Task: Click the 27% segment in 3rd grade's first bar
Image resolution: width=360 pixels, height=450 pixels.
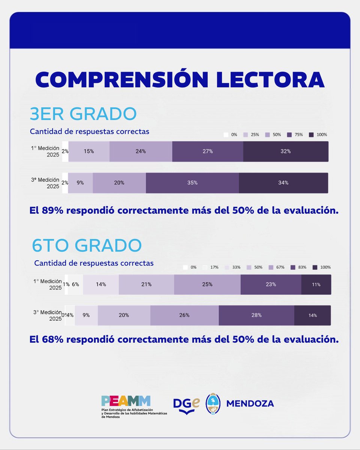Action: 207,151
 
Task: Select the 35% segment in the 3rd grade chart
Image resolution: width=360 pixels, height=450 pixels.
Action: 192,183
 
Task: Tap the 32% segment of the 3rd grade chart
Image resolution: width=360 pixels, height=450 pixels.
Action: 286,151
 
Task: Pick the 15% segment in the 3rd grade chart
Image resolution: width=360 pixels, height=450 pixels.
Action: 89,151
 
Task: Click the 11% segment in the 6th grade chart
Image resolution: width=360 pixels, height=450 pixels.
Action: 316,285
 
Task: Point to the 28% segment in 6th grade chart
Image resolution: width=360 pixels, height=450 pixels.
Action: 256,315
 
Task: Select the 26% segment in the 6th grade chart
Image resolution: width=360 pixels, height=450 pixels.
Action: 184,315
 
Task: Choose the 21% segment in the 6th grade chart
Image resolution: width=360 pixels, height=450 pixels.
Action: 146,285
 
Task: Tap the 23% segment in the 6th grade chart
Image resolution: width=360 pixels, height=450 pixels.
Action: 271,285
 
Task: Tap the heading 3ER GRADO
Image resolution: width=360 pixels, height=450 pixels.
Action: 83,114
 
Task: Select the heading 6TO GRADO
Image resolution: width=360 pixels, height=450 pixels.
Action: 87,246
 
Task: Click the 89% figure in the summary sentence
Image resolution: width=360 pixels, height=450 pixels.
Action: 51,211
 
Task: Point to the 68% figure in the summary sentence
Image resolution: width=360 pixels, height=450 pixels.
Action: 51,340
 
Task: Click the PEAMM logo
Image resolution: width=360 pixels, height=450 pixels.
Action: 126,401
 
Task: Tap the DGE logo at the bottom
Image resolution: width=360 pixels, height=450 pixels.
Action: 186,404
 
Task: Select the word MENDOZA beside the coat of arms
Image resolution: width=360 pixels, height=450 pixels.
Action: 250,404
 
